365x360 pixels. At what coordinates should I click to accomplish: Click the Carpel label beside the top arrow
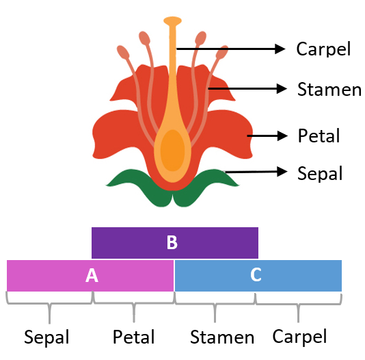coord(323,49)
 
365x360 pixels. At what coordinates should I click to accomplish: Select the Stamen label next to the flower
coord(329,90)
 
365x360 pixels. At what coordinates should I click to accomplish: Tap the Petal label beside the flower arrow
coord(319,136)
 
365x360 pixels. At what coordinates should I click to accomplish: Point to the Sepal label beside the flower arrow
coord(319,174)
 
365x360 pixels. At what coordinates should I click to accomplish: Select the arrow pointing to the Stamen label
coord(246,88)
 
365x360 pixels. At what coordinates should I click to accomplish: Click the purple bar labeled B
coord(175,242)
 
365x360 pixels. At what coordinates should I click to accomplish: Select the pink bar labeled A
coord(90,275)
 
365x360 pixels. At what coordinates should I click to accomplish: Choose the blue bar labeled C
coord(258,275)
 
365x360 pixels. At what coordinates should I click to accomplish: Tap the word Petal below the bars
coord(133,337)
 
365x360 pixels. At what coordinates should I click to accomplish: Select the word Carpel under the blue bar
coord(299,336)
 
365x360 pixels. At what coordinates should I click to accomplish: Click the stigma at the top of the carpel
coord(173,21)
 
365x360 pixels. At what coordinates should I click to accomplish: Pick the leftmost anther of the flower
coord(123,52)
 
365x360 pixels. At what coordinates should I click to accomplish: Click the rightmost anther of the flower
coord(222,52)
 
